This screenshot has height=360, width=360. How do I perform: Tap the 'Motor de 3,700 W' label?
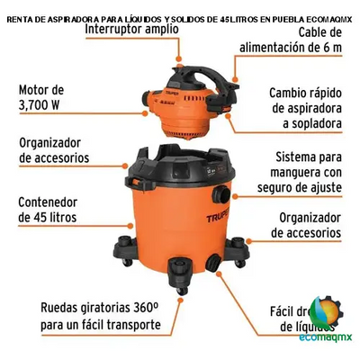43,97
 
